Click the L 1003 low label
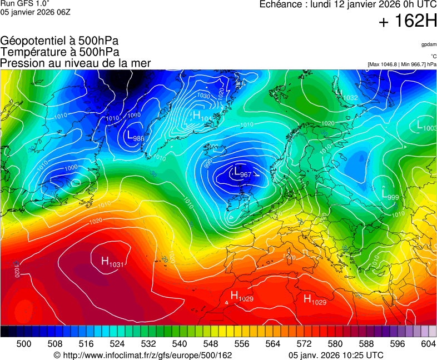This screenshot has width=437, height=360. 426,126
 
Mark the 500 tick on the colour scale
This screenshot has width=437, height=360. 24,344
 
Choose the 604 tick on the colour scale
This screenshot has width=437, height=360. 428,344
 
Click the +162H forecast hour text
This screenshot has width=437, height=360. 408,22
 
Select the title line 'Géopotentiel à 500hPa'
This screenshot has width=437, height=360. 59,41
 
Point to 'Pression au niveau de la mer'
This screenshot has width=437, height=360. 76,63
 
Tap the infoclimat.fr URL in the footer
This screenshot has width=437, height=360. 142,355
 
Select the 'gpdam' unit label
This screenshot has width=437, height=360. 428,44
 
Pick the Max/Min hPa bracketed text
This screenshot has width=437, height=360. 402,64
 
